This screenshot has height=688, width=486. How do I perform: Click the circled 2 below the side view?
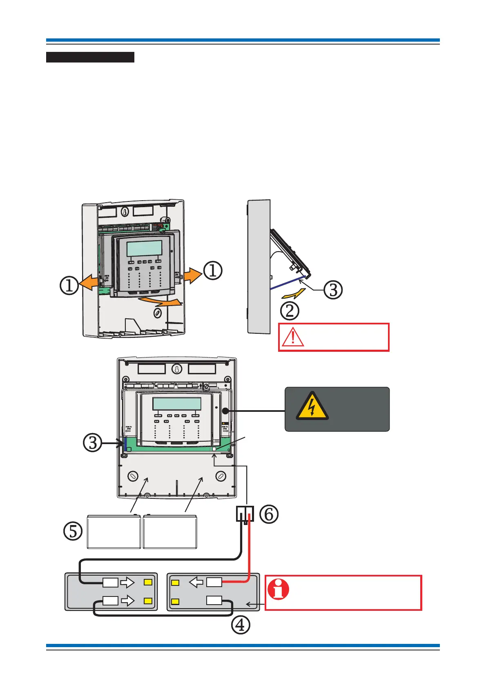[290, 311]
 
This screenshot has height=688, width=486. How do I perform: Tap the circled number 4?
[241, 625]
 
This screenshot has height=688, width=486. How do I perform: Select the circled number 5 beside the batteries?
[73, 532]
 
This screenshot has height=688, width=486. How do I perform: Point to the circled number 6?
[269, 514]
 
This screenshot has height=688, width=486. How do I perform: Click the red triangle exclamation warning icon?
[293, 337]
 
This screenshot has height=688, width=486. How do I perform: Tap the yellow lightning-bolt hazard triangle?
[312, 407]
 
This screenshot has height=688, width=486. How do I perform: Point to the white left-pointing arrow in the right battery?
[196, 582]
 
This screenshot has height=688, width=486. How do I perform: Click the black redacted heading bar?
[90, 57]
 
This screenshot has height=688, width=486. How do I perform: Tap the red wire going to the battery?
[249, 552]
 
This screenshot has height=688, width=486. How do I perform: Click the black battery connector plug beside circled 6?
[245, 514]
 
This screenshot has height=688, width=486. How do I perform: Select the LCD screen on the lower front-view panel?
[177, 404]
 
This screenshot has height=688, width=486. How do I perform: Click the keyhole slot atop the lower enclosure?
[176, 369]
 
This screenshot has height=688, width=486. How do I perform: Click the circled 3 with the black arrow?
[93, 443]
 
